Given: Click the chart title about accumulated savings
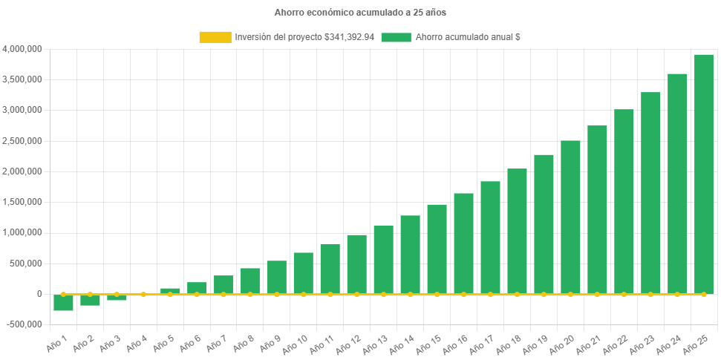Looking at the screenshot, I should [x=360, y=13].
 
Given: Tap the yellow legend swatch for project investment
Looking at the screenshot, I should [x=215, y=37].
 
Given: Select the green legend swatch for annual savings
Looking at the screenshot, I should [x=396, y=37].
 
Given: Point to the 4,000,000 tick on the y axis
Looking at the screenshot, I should [x=22, y=49].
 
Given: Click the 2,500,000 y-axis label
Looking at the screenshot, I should [x=22, y=141].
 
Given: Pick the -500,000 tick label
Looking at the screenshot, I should [x=24, y=324].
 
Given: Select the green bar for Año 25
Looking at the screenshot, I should [x=704, y=174].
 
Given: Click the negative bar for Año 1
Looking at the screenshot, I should [x=63, y=303].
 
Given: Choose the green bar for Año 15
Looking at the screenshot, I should [x=437, y=249].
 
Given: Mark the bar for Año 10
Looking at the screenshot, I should [x=303, y=273].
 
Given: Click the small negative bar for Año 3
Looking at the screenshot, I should [x=117, y=298].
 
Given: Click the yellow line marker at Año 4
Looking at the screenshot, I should [x=143, y=295].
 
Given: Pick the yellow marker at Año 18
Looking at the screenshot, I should [x=517, y=295].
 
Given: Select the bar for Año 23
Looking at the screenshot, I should [x=650, y=193].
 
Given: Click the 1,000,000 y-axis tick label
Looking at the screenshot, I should [x=22, y=232].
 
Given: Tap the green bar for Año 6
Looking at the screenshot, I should [x=197, y=288].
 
